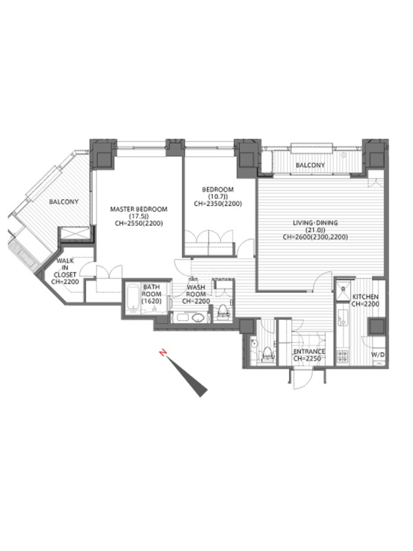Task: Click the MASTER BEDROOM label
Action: tap(139, 209)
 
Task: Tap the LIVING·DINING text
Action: tap(315, 222)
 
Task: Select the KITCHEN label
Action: tap(366, 297)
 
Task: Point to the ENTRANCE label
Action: tap(309, 352)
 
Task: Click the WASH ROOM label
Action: tap(196, 291)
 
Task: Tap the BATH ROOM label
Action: tap(151, 291)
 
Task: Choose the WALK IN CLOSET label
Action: tap(65, 268)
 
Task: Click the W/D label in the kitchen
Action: tap(378, 355)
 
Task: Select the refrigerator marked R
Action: tap(343, 289)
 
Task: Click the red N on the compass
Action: tap(163, 353)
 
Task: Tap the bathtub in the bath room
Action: tap(134, 299)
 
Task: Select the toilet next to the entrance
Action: tap(267, 354)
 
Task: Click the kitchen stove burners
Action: tap(342, 356)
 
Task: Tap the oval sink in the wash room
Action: tap(198, 318)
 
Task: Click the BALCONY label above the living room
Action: tap(310, 165)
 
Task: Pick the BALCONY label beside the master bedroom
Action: tap(63, 202)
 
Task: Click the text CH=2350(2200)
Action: tap(218, 203)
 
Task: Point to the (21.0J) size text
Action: tap(315, 230)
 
